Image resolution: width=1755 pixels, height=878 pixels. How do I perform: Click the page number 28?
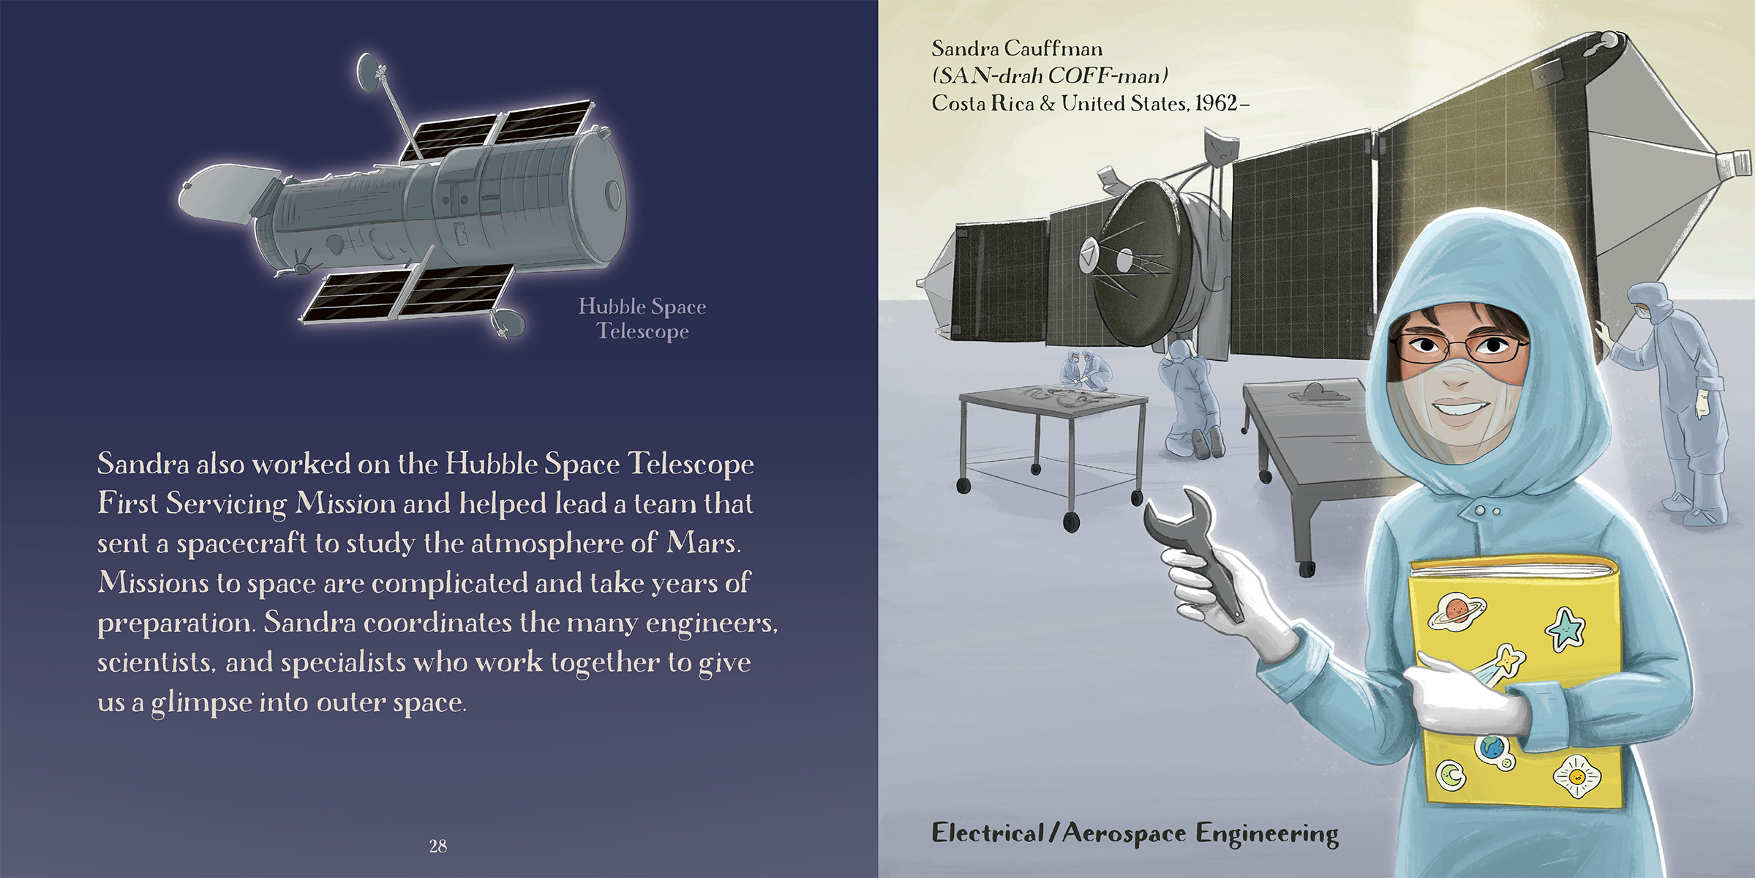click(438, 847)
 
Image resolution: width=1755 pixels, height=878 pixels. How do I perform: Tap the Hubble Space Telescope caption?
click(642, 318)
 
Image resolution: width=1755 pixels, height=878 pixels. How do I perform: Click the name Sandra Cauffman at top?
click(1017, 48)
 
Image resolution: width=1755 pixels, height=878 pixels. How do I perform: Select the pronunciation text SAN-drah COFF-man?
click(1050, 76)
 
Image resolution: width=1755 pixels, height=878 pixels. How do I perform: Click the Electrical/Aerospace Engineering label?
click(1135, 833)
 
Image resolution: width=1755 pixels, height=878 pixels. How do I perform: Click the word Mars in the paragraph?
click(702, 542)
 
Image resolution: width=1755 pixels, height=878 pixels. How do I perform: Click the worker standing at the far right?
click(1672, 402)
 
